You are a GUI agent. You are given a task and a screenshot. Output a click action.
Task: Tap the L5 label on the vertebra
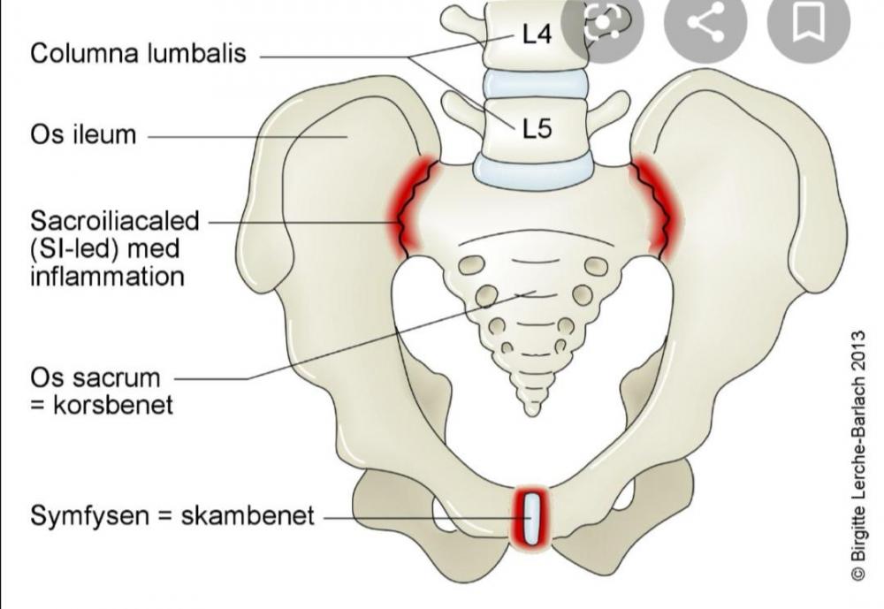click(x=537, y=129)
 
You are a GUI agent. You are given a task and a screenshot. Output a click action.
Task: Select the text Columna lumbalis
click(x=139, y=53)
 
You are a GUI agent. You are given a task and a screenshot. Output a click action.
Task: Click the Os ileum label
click(x=83, y=135)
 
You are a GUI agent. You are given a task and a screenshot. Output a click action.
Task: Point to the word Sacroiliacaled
click(x=115, y=220)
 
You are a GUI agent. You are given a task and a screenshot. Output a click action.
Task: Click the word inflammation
click(x=107, y=276)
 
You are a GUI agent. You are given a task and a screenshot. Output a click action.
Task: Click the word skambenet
click(x=248, y=515)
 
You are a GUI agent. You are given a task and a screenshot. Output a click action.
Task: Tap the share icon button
click(x=705, y=24)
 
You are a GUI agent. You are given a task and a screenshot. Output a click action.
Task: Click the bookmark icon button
click(x=807, y=24)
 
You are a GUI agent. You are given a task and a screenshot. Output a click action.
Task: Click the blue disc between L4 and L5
click(x=533, y=84)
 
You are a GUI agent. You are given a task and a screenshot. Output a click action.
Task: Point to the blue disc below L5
click(x=532, y=169)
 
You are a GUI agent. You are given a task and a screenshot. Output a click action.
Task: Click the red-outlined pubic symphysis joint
click(x=532, y=516)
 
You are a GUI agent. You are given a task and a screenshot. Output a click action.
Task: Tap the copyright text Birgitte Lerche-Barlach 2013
click(x=857, y=456)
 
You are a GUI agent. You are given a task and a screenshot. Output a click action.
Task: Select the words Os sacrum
click(x=95, y=378)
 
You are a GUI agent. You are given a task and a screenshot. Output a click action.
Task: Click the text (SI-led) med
click(x=104, y=248)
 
